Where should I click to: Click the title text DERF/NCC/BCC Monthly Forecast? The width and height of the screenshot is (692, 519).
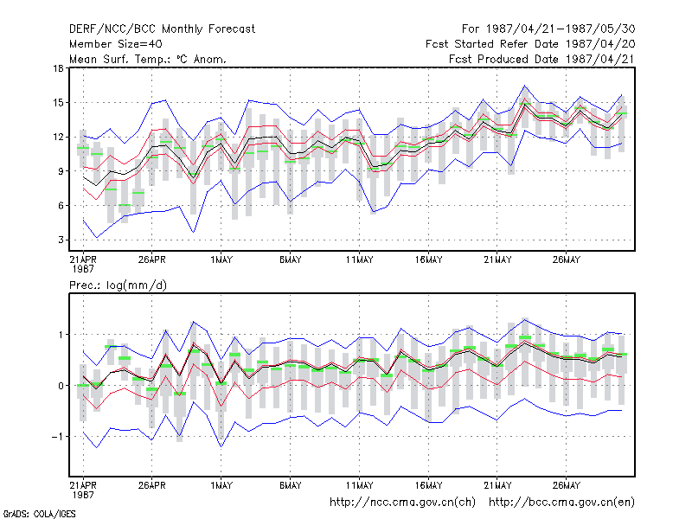click(x=162, y=29)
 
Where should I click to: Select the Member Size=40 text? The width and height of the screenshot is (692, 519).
click(x=116, y=44)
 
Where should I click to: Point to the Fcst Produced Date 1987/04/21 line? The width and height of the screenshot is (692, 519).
click(x=541, y=59)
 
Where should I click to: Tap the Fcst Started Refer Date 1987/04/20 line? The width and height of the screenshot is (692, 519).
click(x=530, y=44)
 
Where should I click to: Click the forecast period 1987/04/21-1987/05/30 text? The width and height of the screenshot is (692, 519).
click(x=548, y=29)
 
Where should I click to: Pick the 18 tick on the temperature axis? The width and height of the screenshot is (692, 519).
click(x=58, y=68)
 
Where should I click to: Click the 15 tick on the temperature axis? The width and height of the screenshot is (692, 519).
click(x=58, y=102)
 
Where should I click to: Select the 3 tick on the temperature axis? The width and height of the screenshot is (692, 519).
click(x=61, y=240)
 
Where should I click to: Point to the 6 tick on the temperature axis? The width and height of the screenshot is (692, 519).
click(x=61, y=205)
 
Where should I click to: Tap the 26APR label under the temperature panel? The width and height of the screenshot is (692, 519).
click(x=152, y=259)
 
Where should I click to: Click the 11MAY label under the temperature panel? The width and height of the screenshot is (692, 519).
click(x=359, y=259)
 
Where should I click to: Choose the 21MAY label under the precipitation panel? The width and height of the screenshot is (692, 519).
click(x=497, y=485)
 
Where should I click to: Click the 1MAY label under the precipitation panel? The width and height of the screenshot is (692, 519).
click(x=221, y=485)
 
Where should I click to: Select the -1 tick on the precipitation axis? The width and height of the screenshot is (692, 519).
click(x=57, y=437)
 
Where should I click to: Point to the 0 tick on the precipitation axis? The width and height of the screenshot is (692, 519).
click(x=61, y=386)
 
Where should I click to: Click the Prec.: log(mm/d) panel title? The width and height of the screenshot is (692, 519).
click(x=118, y=285)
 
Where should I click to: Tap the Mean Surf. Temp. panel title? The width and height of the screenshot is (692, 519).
click(x=148, y=59)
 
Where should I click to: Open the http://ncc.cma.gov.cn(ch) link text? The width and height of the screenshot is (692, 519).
click(x=402, y=503)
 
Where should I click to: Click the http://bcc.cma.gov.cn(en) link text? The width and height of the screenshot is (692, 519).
click(x=561, y=503)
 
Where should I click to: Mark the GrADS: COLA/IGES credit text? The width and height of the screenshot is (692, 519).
click(x=39, y=514)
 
